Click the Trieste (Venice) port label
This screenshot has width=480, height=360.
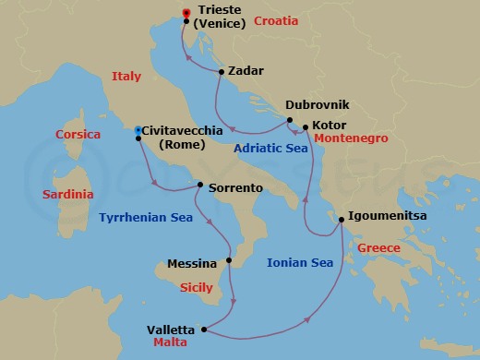221,18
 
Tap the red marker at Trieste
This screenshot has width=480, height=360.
186,13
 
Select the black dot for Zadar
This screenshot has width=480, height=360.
222,71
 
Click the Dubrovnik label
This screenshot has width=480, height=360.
318,106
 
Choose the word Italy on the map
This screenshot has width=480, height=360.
126,78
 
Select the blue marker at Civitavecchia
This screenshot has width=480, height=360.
138,130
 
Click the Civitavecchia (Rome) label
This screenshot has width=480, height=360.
182,138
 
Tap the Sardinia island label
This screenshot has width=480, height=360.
68,195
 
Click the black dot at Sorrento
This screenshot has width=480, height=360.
200,184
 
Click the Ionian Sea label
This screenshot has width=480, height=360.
299,262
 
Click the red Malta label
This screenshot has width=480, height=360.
173,342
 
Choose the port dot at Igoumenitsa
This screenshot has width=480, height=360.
342,219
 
